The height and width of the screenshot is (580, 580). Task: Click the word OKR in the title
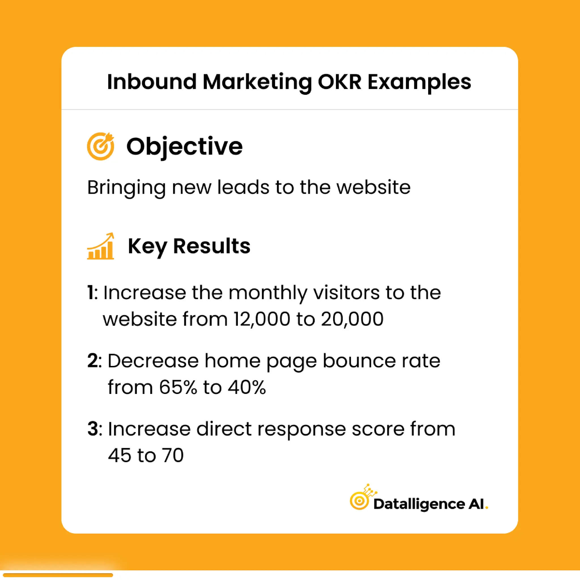[340, 82]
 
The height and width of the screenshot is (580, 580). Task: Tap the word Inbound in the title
[152, 82]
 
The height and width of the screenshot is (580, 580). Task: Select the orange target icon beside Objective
[101, 146]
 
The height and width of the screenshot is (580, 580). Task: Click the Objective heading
[184, 147]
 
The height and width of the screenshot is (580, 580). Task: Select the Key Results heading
[189, 246]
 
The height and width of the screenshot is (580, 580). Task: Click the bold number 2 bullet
[92, 361]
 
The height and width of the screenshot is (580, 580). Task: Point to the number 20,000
[352, 319]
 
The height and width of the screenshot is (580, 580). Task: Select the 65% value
[178, 387]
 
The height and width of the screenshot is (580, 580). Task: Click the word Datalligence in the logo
[419, 504]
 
